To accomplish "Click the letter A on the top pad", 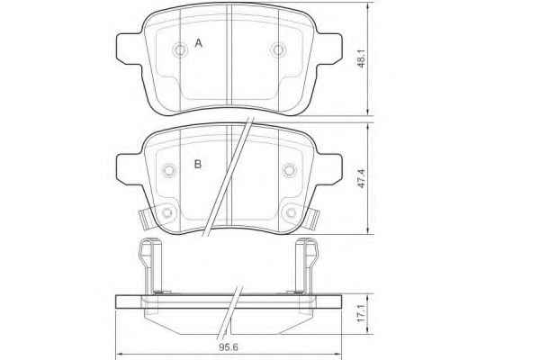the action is point(198,43).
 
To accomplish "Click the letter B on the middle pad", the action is point(198,165).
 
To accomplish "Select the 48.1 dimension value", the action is point(362,58).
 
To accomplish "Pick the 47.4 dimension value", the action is point(362,178).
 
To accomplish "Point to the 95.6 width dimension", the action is point(229,346).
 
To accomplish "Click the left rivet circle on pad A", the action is point(180,50).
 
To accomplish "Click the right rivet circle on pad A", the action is point(277,50).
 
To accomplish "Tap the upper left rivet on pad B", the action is point(169,170).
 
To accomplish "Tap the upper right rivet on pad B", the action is point(289,170).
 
